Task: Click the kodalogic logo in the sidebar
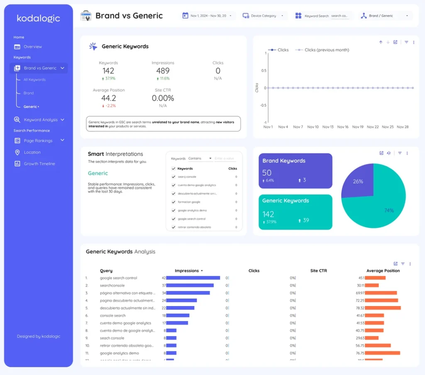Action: click(x=38, y=18)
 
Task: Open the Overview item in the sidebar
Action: click(x=32, y=47)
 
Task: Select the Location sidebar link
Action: click(x=32, y=152)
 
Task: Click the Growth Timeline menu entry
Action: click(x=39, y=164)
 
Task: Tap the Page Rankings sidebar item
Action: click(x=38, y=141)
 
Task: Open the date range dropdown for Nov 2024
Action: click(x=208, y=16)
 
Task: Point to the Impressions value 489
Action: click(x=163, y=71)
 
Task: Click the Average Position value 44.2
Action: click(x=108, y=98)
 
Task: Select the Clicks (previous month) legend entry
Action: click(x=327, y=50)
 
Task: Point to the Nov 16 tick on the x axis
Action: click(x=343, y=127)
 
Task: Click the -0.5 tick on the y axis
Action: click(x=262, y=105)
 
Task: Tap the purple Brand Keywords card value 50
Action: click(x=267, y=173)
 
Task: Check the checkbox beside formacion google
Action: click(x=173, y=202)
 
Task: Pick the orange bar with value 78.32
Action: click(x=383, y=308)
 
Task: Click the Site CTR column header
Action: click(x=318, y=271)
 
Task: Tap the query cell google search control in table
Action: click(x=118, y=278)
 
